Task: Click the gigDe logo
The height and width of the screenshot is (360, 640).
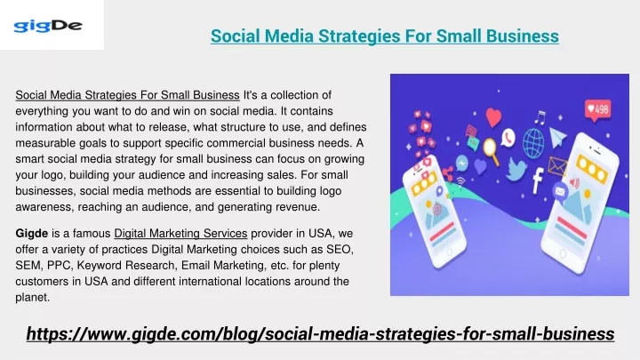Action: (48, 26)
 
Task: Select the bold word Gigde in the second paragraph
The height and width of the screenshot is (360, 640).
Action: (32, 234)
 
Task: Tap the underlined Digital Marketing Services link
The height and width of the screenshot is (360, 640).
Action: (180, 234)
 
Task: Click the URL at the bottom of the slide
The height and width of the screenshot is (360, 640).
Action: (320, 334)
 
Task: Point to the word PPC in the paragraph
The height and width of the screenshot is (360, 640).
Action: (60, 265)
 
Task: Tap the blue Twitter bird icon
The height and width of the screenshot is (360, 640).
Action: (516, 169)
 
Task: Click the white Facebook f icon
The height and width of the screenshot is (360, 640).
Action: (538, 180)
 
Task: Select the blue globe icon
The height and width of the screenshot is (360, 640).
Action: (533, 143)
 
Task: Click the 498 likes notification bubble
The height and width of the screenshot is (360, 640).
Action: (597, 110)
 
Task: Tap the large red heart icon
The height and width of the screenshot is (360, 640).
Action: (493, 117)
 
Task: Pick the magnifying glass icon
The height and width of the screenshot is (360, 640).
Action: (491, 151)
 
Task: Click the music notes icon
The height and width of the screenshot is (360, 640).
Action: (540, 117)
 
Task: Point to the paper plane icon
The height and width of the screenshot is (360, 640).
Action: (557, 137)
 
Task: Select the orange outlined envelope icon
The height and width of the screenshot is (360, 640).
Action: (556, 166)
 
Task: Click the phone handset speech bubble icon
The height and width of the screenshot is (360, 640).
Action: (508, 138)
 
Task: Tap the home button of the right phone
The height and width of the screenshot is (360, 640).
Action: (564, 254)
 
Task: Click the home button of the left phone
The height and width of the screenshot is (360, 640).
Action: (449, 252)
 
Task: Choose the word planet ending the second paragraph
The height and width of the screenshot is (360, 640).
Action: (32, 298)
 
